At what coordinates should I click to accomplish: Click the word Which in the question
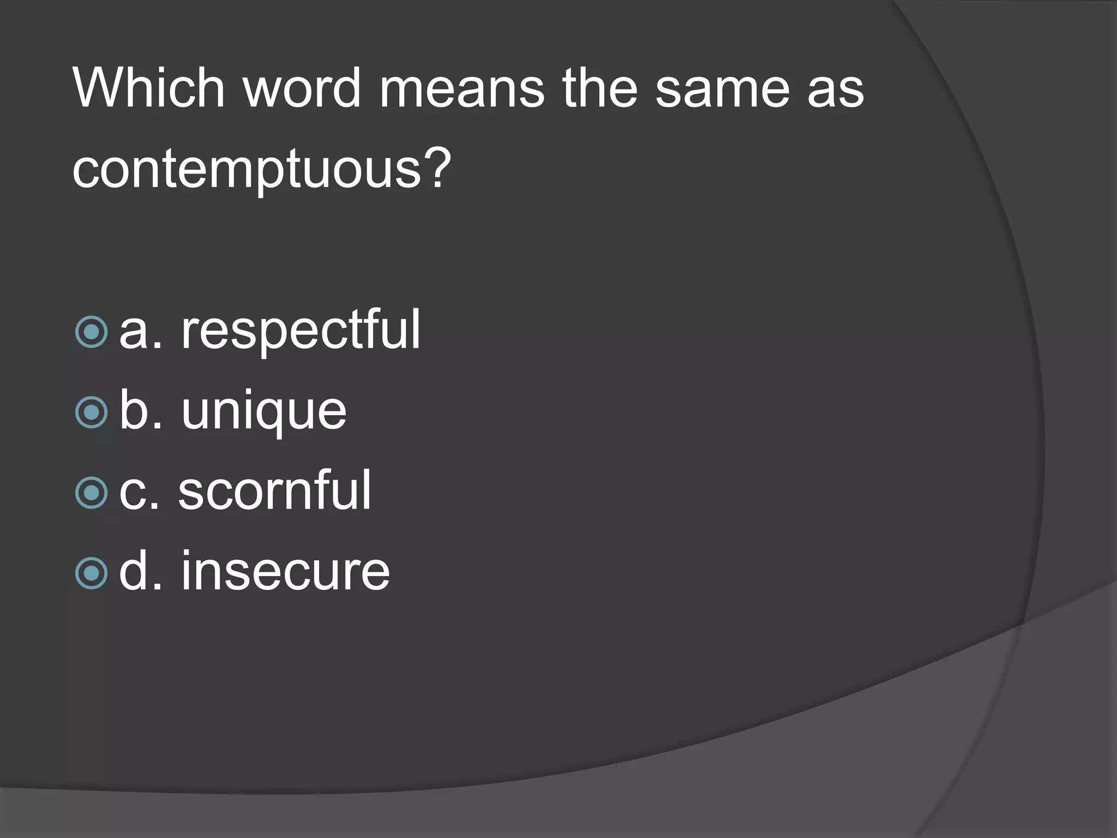coord(148,88)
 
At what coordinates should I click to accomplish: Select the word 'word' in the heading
coord(302,88)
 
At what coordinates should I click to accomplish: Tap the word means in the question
coord(461,88)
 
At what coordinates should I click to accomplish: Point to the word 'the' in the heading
coord(599,88)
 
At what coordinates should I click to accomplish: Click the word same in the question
coord(722,88)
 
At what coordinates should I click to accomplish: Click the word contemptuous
coord(247,169)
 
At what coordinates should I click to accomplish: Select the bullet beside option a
coord(91,332)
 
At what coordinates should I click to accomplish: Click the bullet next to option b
coord(91,412)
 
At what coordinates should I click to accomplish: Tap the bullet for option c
coord(91,493)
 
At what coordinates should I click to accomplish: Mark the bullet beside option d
coord(91,573)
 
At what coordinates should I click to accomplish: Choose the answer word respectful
coord(301,331)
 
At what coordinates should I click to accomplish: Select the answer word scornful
coord(274,491)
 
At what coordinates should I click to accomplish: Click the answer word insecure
coord(285,572)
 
